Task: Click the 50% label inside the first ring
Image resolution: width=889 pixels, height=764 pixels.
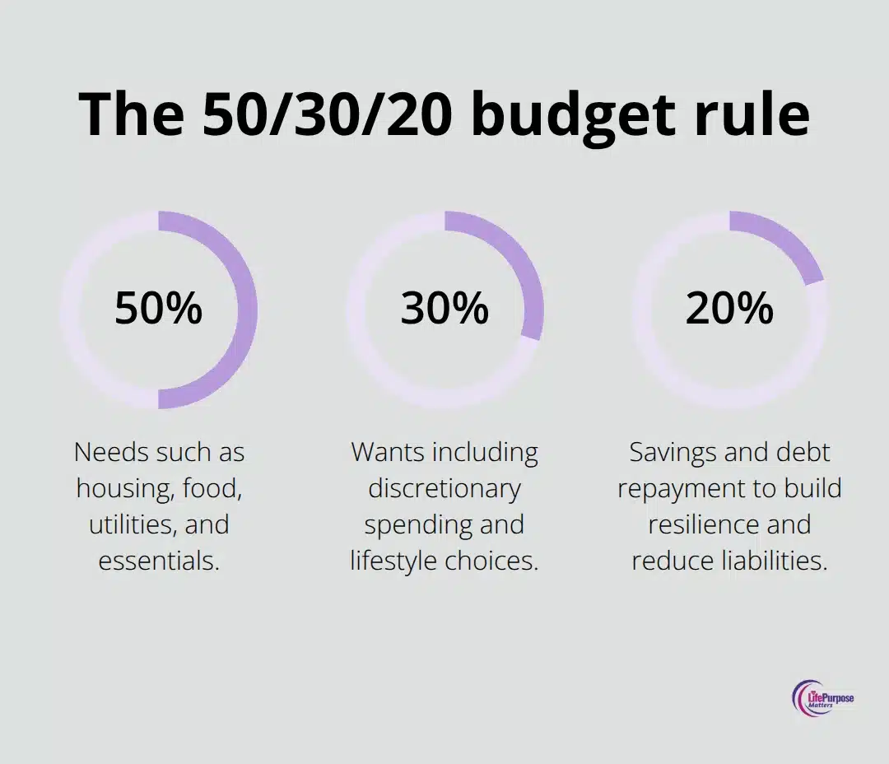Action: click(158, 309)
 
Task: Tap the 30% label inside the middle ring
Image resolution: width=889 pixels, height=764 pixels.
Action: click(444, 309)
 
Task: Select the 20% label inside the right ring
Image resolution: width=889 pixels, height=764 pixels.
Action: click(729, 309)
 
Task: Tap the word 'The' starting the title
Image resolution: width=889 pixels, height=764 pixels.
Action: click(132, 114)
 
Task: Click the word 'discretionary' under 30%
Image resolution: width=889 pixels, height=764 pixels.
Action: click(444, 488)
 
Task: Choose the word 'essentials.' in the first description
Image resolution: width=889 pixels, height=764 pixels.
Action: click(159, 561)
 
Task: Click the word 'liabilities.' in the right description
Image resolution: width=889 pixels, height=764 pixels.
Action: click(774, 561)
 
